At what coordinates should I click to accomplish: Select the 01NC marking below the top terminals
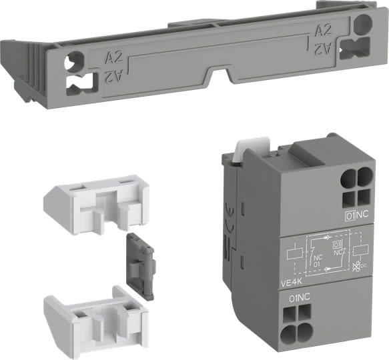click(x=358, y=215)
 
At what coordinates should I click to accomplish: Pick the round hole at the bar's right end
click(x=361, y=26)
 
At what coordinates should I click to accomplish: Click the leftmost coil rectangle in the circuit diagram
click(x=292, y=254)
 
